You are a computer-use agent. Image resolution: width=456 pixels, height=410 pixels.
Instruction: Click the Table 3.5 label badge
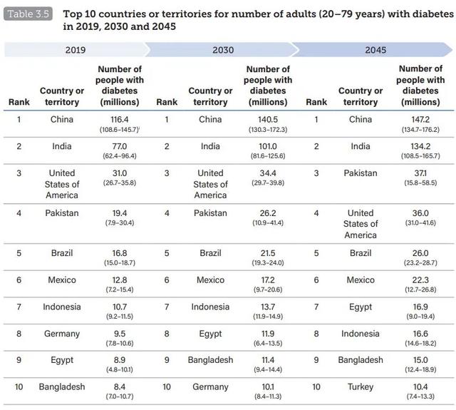pos(27,14)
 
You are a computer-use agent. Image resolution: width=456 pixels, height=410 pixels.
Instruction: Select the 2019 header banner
pos(75,49)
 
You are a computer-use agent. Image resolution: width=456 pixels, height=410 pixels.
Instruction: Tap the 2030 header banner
pos(222,49)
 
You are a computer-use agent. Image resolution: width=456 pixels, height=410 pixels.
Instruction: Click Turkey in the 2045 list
pos(361,387)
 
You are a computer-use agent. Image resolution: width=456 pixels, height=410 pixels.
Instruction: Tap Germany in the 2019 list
pos(62,334)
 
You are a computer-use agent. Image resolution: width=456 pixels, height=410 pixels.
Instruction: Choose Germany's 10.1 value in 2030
pos(267,387)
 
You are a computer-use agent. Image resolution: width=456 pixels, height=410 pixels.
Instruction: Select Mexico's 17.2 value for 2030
pos(267,280)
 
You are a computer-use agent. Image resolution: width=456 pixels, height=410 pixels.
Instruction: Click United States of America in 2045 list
pos(361,223)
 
